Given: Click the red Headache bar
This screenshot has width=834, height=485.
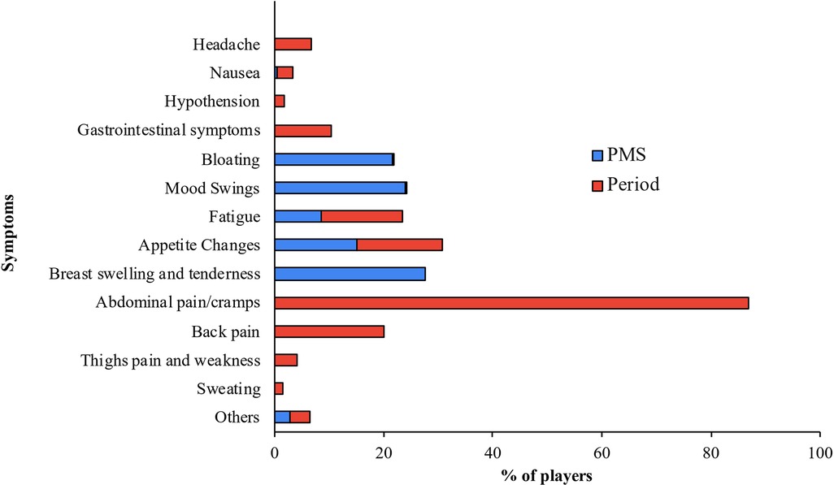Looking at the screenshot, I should [293, 44].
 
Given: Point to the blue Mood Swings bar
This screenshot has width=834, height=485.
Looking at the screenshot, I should [340, 188].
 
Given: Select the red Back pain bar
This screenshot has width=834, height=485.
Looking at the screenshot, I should [329, 331].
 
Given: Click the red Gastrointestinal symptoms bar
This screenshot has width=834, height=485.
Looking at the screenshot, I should [303, 130].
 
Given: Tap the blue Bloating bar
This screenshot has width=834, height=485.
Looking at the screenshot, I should [333, 159].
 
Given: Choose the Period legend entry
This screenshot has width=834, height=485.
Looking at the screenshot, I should [625, 184].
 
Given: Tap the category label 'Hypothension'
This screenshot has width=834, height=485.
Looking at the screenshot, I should [211, 102].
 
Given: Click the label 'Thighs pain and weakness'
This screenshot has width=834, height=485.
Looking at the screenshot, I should [171, 360].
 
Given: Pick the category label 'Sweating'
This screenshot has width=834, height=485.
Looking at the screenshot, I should [228, 389].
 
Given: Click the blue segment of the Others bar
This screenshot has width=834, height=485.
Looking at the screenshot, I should [282, 418].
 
